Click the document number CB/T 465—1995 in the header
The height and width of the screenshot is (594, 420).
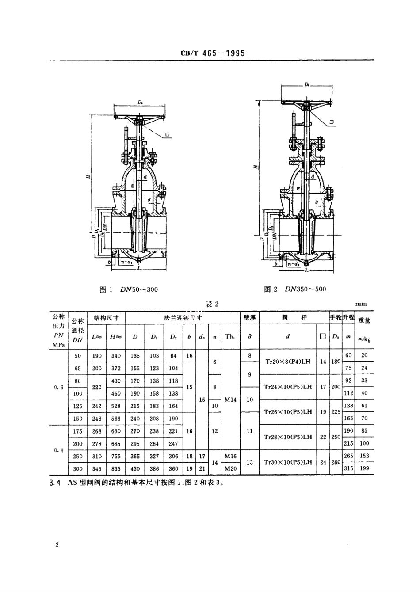pyautogui.click(x=213, y=53)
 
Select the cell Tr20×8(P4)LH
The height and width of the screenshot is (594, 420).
pyautogui.click(x=288, y=362)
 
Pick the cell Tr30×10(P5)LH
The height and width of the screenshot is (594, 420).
pyautogui.click(x=288, y=462)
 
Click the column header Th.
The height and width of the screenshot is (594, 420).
pyautogui.click(x=230, y=336)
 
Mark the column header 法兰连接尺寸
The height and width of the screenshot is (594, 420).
pyautogui.click(x=183, y=318)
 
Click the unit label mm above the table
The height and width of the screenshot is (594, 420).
pyautogui.click(x=361, y=304)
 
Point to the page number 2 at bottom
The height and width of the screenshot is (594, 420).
pyautogui.click(x=57, y=544)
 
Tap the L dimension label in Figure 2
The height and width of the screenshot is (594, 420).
pyautogui.click(x=306, y=270)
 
